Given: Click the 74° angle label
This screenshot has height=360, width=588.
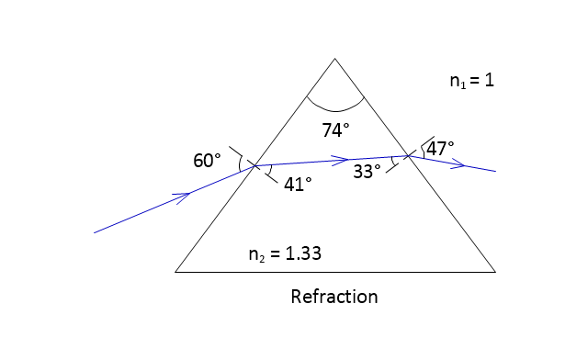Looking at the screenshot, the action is [335, 130].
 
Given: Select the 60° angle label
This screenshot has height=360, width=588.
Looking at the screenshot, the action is [207, 161].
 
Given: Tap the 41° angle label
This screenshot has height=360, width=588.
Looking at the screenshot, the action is [298, 184].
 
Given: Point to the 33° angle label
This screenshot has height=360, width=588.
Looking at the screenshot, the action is [367, 172].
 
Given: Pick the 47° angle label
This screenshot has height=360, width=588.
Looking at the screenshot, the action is [440, 149].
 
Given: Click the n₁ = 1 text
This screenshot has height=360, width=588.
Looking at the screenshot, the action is [472, 81].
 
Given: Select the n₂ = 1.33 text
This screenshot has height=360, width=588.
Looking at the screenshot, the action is [285, 253].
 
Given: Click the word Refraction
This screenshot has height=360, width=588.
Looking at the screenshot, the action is [334, 297].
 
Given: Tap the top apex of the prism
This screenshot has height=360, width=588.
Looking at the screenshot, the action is [334, 59].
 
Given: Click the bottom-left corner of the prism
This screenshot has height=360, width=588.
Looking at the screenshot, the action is [175, 272].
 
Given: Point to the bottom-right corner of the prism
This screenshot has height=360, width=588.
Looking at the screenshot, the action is [495, 272].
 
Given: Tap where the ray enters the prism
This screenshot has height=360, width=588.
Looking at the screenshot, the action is [255, 165].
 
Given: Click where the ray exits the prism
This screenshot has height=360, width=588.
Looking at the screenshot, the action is [408, 155].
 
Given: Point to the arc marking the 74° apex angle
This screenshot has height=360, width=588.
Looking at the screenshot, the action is [334, 111].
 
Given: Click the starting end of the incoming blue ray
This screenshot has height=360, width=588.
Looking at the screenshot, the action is [94, 233].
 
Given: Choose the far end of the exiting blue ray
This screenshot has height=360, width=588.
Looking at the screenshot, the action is [496, 171].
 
